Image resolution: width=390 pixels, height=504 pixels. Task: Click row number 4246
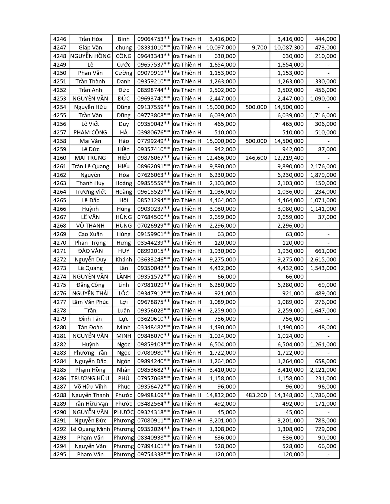60,39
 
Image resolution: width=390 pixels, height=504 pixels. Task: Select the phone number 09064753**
153,39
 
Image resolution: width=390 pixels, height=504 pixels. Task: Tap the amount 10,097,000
221,48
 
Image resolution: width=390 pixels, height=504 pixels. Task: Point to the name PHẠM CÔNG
90,133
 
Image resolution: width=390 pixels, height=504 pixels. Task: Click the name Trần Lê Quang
90,166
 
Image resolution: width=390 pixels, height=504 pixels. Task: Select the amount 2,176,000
323,166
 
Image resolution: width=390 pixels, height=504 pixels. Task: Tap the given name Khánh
124,260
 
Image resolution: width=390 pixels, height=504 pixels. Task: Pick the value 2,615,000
323,260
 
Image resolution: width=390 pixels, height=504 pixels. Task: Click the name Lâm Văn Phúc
90,302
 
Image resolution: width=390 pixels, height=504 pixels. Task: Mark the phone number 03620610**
153,319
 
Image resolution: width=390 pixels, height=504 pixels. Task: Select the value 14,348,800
289,395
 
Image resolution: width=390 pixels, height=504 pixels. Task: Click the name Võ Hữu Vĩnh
90,387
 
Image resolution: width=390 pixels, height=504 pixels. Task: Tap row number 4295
60,455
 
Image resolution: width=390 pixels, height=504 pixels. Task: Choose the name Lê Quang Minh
90,429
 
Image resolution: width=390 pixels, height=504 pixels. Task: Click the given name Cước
124,65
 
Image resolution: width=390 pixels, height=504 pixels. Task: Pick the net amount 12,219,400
289,158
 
